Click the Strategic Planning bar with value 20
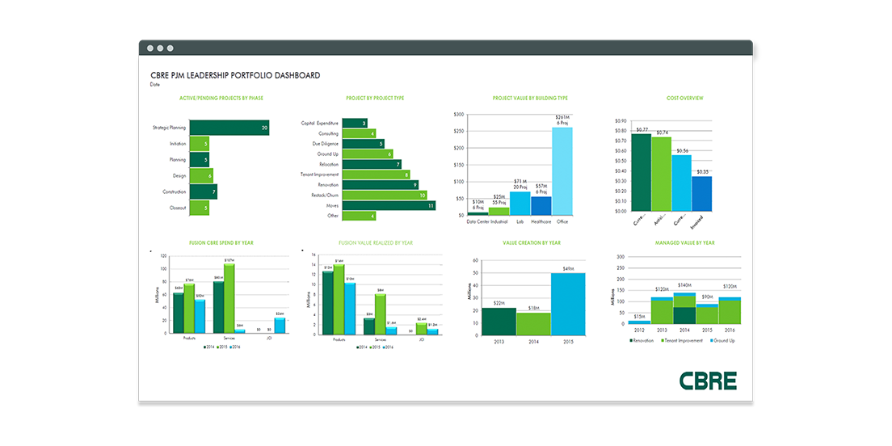(x=229, y=128)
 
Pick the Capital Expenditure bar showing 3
(x=356, y=123)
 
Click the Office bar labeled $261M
(x=562, y=170)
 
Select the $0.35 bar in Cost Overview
(x=702, y=194)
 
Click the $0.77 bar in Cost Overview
(x=641, y=173)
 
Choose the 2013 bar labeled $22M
(x=499, y=321)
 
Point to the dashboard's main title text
(x=235, y=75)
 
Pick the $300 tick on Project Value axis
(x=459, y=115)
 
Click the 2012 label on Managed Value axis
(x=638, y=330)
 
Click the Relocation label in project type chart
(x=329, y=164)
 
